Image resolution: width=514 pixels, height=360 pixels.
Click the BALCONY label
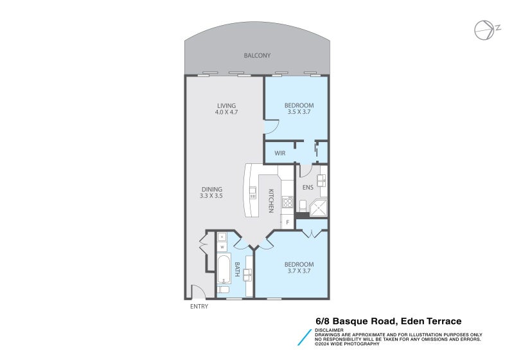tap(257, 56)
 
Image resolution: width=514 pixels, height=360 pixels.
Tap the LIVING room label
tap(226, 105)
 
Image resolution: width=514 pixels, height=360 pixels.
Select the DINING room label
tap(211, 189)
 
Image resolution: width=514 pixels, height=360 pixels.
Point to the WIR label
tap(279, 154)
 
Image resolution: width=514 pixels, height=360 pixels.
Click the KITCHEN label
tap(271, 201)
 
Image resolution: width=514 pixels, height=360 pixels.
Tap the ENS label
tap(307, 188)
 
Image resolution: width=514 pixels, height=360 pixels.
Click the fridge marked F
tap(287, 222)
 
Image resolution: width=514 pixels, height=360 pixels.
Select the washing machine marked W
tap(222, 247)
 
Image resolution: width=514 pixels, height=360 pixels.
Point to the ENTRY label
tap(199, 307)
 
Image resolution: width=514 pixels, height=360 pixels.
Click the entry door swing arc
tap(199, 292)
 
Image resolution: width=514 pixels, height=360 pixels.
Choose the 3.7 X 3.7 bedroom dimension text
tap(299, 271)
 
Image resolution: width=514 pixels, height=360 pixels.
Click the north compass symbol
tap(484, 29)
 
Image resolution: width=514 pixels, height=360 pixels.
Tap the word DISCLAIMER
tap(329, 330)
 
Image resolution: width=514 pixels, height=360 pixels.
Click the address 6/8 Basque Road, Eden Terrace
tap(388, 321)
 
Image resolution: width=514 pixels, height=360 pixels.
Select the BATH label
tap(237, 269)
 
